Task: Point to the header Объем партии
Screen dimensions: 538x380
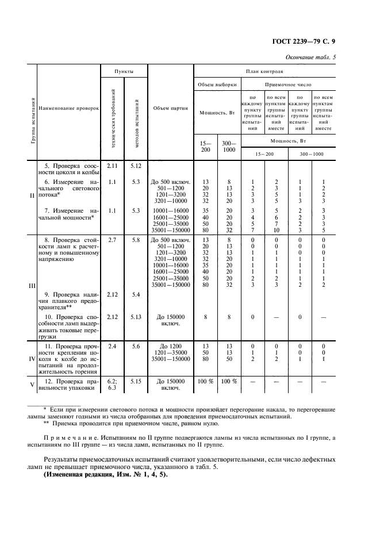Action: pyautogui.click(x=171, y=107)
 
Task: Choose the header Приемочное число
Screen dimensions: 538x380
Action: pyautogui.click(x=288, y=84)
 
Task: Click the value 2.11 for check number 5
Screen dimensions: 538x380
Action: pyautogui.click(x=112, y=166)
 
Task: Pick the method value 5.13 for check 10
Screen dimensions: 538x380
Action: pyautogui.click(x=136, y=317)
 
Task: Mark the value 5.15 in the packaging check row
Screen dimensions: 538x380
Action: pyautogui.click(x=136, y=381)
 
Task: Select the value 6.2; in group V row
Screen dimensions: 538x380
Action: pyautogui.click(x=112, y=381)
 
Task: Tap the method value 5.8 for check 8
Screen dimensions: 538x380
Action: pyautogui.click(x=136, y=239)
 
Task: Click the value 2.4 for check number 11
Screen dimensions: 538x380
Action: pyautogui.click(x=112, y=346)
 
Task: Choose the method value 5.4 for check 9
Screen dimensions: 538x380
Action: pyautogui.click(x=136, y=295)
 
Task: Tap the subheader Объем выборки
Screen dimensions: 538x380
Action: pyautogui.click(x=217, y=84)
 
